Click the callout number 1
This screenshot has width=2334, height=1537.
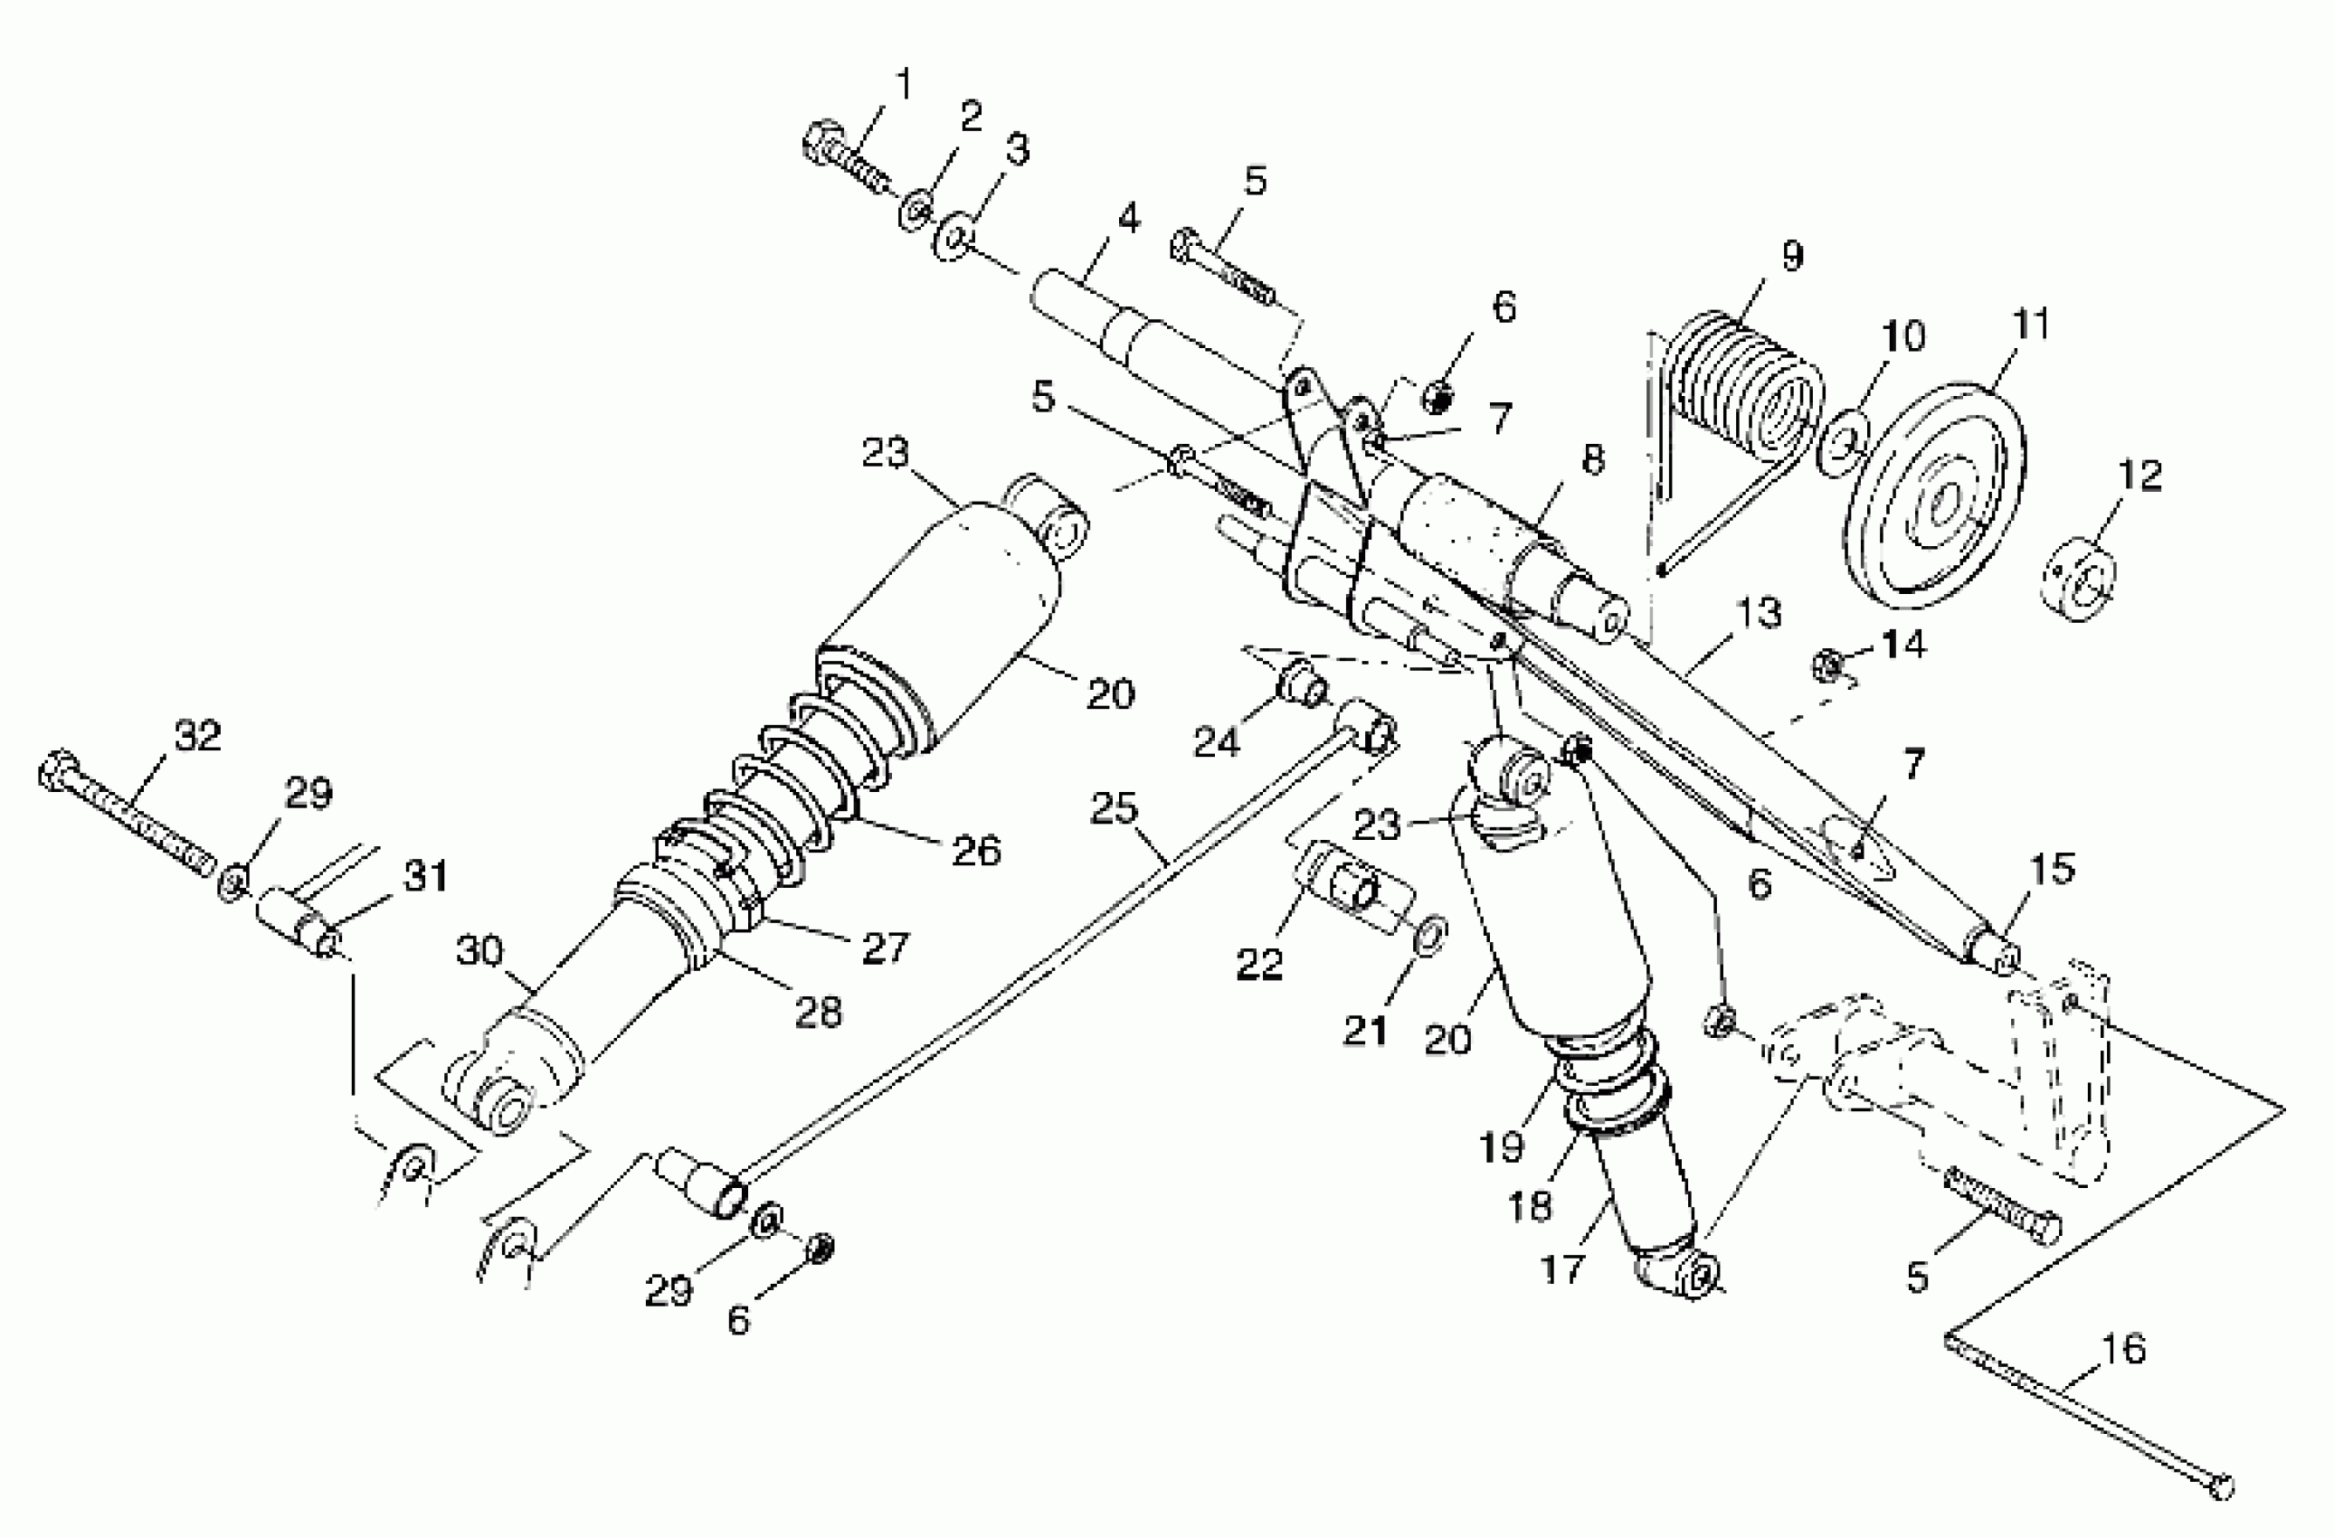click(x=903, y=84)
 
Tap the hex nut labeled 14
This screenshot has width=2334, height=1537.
click(x=1826, y=665)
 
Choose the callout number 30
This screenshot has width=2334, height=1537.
click(x=479, y=950)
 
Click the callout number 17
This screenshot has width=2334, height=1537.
click(x=1562, y=1269)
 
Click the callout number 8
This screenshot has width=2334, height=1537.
click(x=1592, y=458)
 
